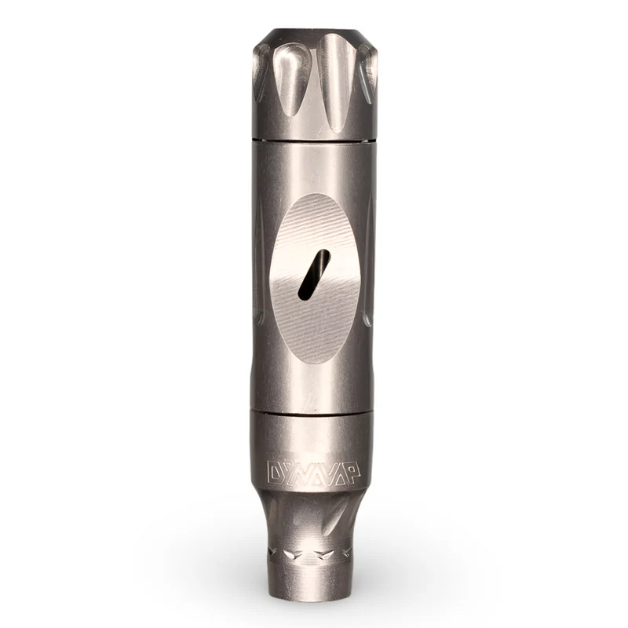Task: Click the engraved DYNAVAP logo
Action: pos(313,473)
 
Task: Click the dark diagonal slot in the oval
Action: pos(315,275)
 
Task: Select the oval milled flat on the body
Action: pos(315,279)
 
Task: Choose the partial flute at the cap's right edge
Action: pos(368,72)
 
